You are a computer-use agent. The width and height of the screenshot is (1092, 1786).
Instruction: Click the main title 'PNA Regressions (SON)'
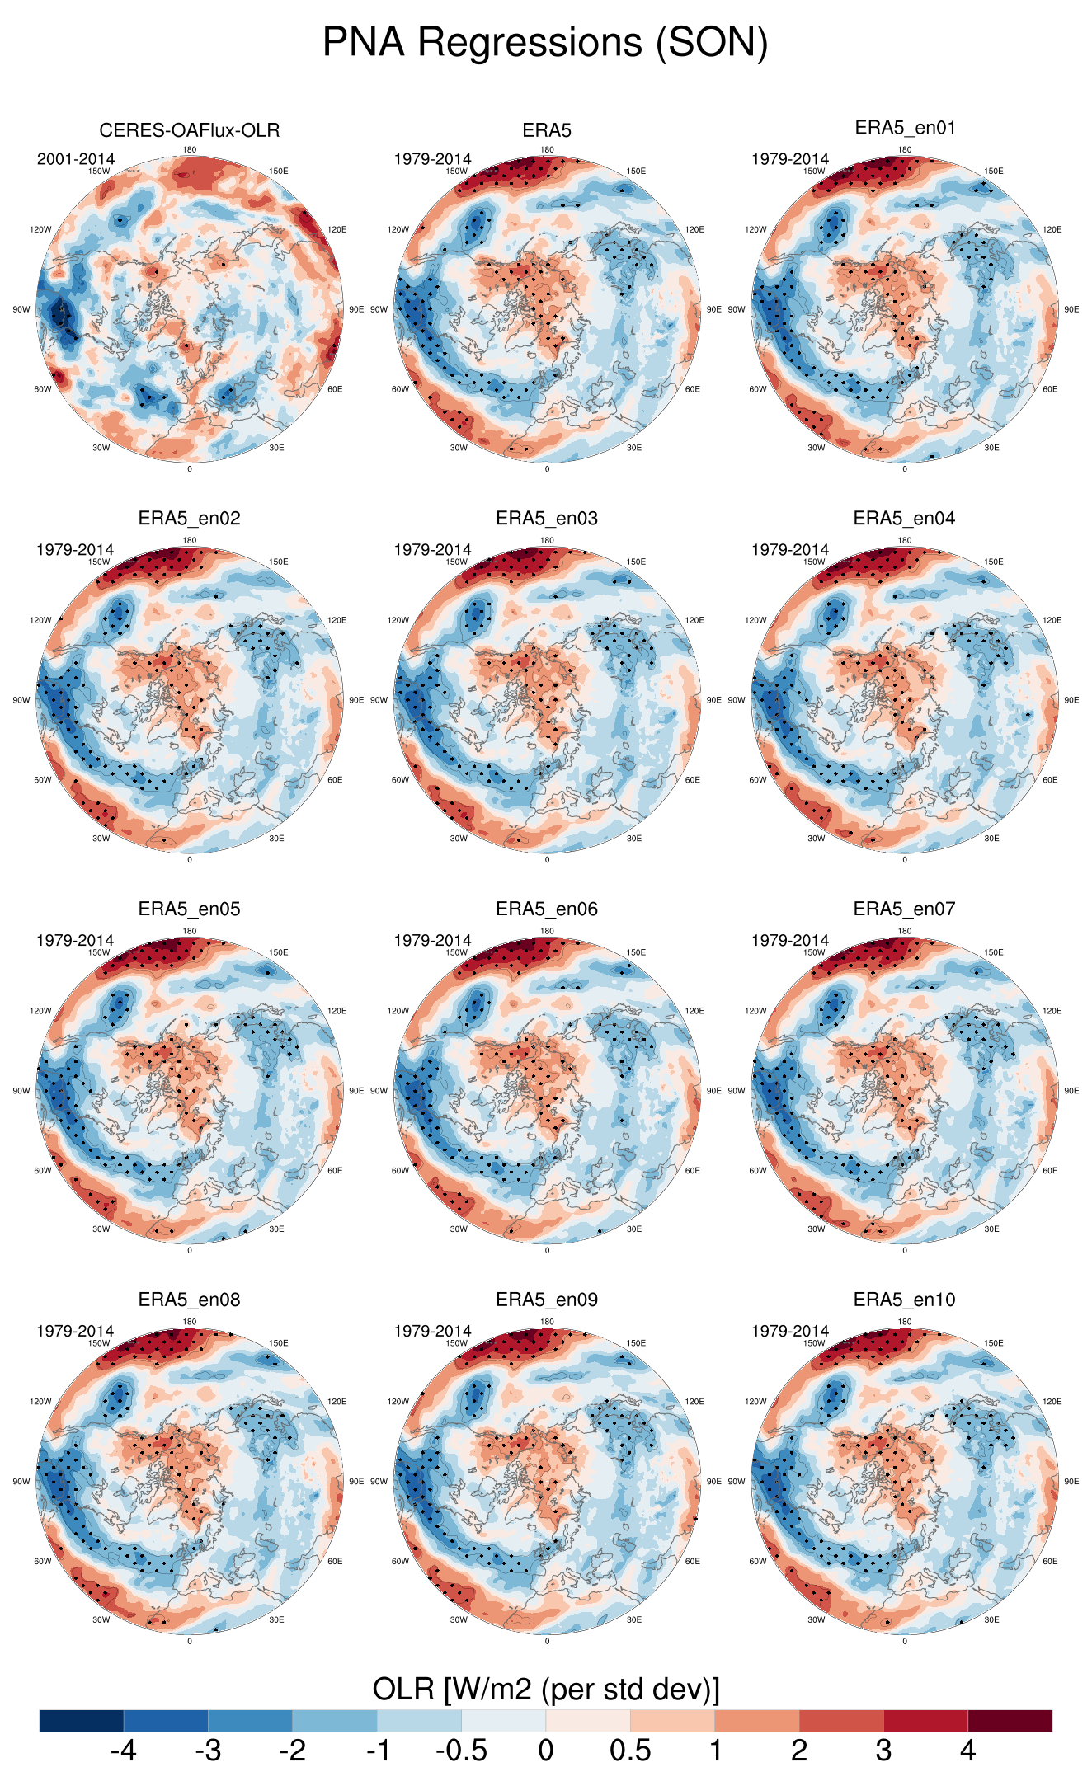(x=545, y=42)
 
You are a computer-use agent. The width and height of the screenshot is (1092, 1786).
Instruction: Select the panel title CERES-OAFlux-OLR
(x=189, y=130)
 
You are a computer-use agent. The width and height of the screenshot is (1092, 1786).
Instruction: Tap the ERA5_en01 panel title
(x=905, y=128)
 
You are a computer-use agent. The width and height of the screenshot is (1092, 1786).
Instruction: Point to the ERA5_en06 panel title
(x=547, y=909)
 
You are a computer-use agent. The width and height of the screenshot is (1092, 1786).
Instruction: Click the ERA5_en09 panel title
(x=547, y=1300)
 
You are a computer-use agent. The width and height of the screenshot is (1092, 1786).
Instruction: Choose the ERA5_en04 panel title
(x=905, y=518)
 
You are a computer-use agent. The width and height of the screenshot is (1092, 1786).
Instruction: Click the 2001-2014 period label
(x=76, y=159)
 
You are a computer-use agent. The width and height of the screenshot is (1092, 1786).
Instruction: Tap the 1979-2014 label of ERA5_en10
(x=790, y=1331)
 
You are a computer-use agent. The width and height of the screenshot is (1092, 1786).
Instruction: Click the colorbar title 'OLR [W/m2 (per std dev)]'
(x=546, y=1690)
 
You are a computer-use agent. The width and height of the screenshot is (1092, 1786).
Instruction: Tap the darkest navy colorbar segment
(x=82, y=1721)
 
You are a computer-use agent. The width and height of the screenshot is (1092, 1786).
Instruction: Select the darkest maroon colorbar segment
(x=1010, y=1721)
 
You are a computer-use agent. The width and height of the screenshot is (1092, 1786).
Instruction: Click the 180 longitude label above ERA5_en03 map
(x=547, y=541)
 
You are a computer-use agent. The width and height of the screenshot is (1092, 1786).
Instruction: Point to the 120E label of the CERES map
(x=337, y=230)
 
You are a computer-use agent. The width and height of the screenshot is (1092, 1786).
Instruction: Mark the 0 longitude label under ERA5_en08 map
(x=190, y=1641)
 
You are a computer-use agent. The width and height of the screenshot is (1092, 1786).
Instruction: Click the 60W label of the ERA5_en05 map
(x=43, y=1171)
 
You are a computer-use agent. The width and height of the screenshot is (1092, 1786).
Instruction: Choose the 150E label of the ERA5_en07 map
(x=993, y=953)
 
